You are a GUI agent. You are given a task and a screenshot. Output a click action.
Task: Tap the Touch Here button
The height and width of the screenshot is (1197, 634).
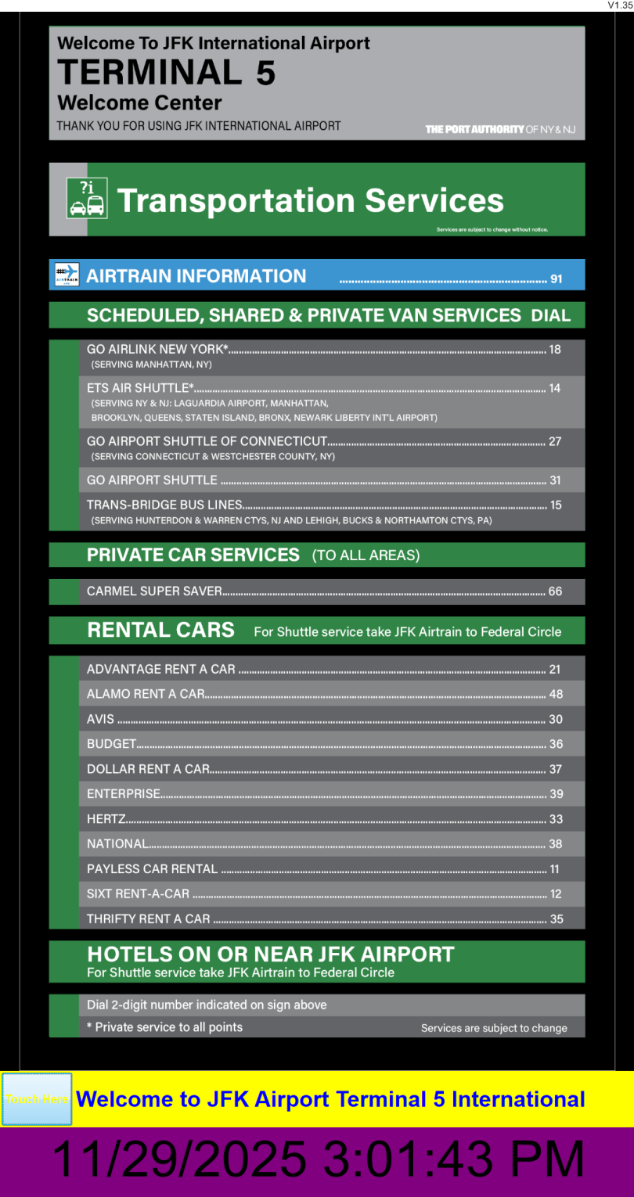[37, 1099]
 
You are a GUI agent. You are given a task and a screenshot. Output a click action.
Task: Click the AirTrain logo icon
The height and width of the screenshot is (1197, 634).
[67, 275]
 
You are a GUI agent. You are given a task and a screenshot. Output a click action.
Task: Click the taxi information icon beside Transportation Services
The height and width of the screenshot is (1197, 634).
[86, 199]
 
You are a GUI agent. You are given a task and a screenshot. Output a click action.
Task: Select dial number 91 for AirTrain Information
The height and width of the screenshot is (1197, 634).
[557, 279]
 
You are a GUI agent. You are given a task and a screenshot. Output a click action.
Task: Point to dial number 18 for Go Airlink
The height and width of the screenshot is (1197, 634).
[555, 349]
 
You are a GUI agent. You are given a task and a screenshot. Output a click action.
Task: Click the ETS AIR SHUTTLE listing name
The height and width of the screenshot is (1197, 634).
[140, 387]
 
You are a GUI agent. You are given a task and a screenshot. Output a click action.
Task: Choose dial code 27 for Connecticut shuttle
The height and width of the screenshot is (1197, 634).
[555, 441]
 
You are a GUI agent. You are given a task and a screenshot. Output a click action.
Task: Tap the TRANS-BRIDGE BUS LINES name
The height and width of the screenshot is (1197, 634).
[164, 505]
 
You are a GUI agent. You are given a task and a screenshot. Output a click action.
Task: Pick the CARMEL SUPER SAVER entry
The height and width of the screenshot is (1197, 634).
[154, 591]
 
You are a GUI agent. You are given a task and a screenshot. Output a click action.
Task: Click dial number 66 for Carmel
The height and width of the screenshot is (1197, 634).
[555, 591]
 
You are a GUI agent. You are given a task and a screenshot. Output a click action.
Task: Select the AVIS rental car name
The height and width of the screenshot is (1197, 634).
[100, 719]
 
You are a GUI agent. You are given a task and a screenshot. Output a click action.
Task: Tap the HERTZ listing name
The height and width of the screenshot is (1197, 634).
[106, 819]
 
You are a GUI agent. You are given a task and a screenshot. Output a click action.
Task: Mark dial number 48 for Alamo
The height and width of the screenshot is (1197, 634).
[556, 694]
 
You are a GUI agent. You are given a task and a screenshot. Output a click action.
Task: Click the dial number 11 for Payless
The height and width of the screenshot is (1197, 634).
[555, 869]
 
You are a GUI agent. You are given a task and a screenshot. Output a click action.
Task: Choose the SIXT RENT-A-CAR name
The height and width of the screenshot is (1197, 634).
[139, 893]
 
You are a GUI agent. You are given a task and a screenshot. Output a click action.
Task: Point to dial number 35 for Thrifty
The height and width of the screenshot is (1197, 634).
[557, 919]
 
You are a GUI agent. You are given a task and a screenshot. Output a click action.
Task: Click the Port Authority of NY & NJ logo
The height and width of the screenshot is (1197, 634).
[500, 129]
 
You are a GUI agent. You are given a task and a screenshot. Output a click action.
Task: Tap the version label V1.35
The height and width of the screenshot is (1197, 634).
[620, 5]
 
